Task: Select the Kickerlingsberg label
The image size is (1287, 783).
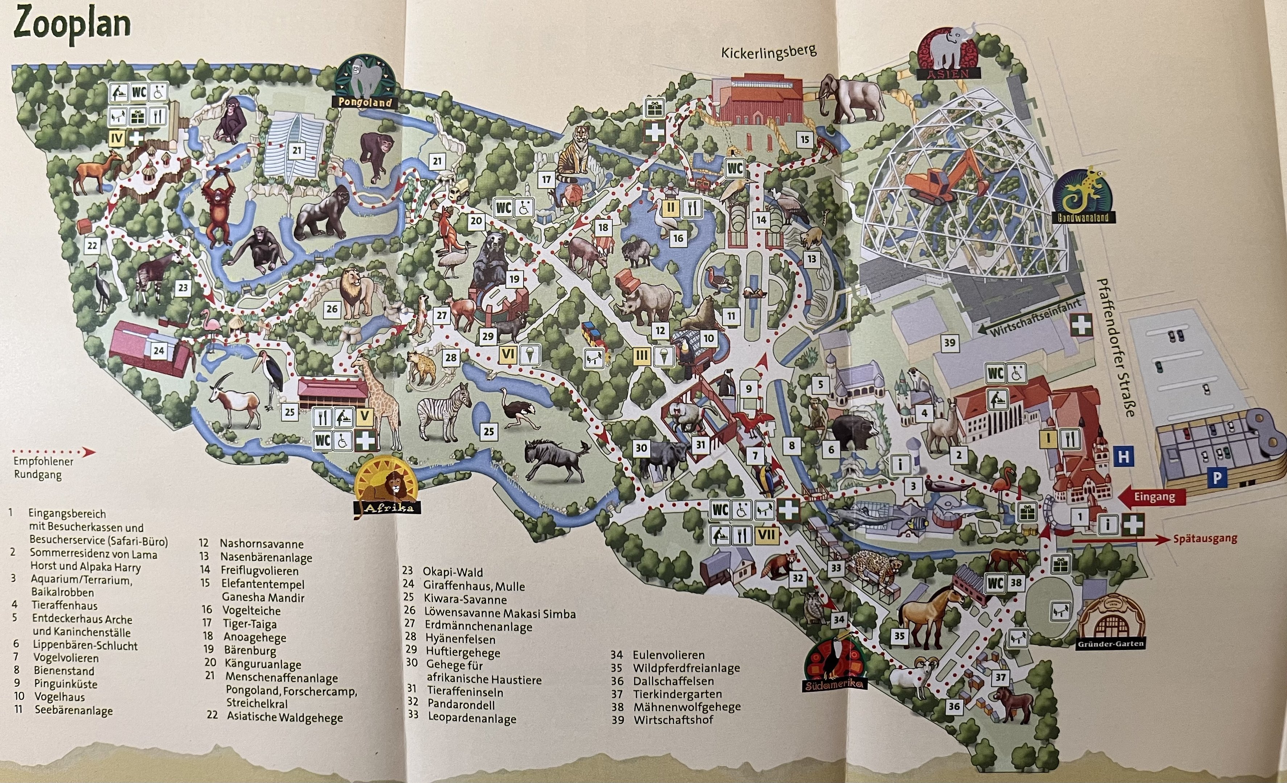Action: [x=768, y=53]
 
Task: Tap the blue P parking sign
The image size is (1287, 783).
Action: [x=1217, y=478]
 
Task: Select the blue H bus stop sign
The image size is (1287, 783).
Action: [x=1123, y=457]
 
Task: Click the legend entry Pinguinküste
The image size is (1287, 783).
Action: [x=65, y=684]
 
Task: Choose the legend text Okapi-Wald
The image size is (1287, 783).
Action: [x=452, y=572]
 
